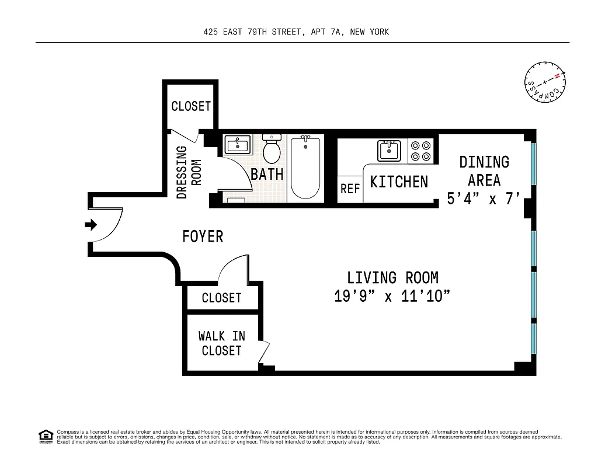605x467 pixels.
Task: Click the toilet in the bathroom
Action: (272, 149)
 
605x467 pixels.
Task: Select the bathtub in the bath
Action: (305, 166)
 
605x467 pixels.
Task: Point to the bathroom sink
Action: (237, 145)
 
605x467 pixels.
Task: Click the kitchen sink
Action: (389, 151)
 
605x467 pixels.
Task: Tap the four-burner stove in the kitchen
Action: (420, 151)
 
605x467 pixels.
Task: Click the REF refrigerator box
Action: (350, 189)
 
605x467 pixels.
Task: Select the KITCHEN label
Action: (399, 182)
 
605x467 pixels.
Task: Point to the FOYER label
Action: (203, 236)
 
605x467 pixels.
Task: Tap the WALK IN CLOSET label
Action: (221, 343)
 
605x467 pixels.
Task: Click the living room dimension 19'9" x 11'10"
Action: (392, 296)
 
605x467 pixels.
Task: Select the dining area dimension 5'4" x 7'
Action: (484, 198)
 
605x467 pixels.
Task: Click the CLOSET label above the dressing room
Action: (191, 106)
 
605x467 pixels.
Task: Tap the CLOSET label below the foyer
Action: (221, 298)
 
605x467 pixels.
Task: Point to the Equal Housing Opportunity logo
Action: (46, 436)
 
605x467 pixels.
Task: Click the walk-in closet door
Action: (265, 353)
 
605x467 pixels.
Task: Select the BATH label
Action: (267, 174)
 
